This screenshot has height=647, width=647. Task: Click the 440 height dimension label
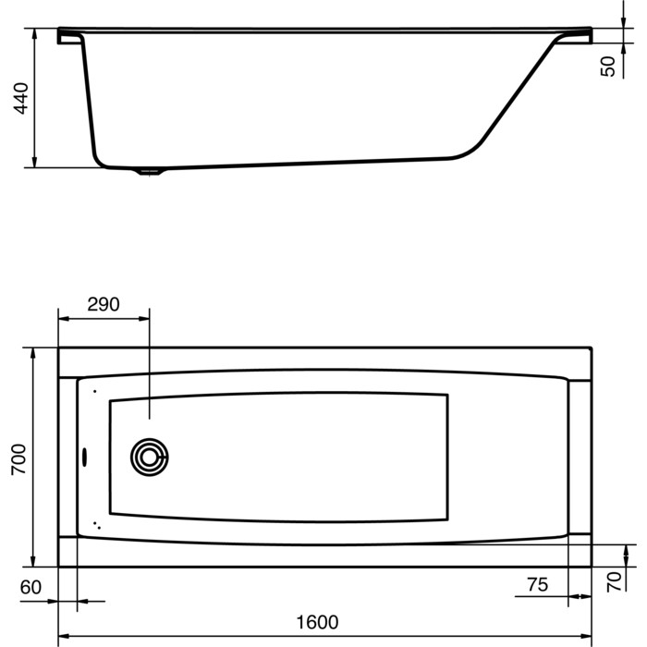pyautogui.click(x=21, y=98)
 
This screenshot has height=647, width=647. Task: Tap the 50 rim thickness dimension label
pyautogui.click(x=607, y=67)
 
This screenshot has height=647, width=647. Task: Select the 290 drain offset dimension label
pyautogui.click(x=104, y=304)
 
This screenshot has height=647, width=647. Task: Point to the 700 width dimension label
pyautogui.click(x=18, y=459)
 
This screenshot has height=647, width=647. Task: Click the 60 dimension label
pyautogui.click(x=31, y=587)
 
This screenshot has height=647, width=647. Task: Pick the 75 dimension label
pyautogui.click(x=538, y=585)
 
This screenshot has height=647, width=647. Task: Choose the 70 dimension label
pyautogui.click(x=614, y=581)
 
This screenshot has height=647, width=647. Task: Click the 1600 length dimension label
pyautogui.click(x=318, y=622)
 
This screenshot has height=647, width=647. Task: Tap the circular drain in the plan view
pyautogui.click(x=149, y=458)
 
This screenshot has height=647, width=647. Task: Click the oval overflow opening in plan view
pyautogui.click(x=85, y=458)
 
